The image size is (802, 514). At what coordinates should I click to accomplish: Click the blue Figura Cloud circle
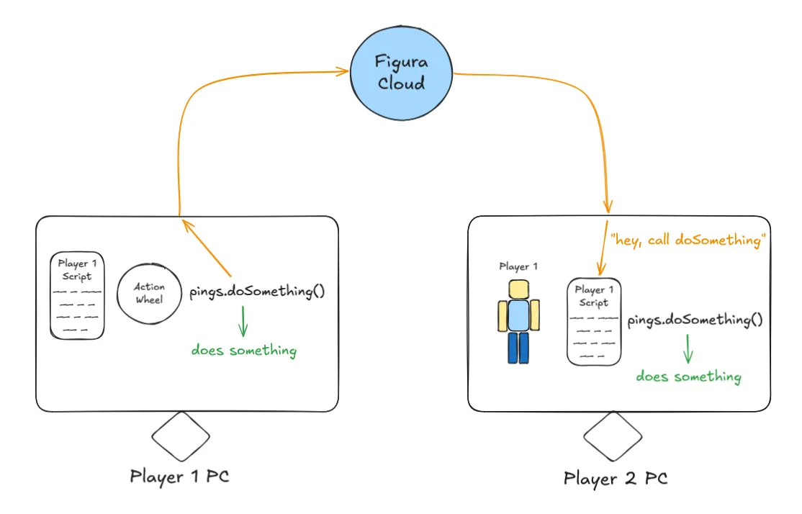(401, 74)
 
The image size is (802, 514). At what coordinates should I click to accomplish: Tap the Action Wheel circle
(150, 294)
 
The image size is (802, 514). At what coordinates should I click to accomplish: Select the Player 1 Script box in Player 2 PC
(594, 322)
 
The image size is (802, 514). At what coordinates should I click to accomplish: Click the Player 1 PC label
(180, 477)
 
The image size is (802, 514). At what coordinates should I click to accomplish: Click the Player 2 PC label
(616, 479)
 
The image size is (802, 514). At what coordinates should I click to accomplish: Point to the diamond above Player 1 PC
(181, 436)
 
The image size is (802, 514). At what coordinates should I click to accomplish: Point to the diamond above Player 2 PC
(613, 437)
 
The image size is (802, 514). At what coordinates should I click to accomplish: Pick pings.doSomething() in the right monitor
(695, 320)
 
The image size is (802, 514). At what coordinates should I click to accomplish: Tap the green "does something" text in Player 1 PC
(243, 351)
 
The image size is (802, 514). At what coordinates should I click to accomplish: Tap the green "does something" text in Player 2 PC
(688, 377)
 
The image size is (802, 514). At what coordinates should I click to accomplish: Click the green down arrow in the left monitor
(243, 323)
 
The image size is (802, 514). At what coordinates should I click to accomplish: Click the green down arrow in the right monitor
(688, 349)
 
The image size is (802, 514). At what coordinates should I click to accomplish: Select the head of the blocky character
(518, 289)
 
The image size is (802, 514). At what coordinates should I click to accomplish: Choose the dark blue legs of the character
(518, 347)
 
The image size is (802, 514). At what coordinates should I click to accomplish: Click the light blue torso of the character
(518, 316)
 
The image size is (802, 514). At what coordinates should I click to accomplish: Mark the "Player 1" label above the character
(518, 266)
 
